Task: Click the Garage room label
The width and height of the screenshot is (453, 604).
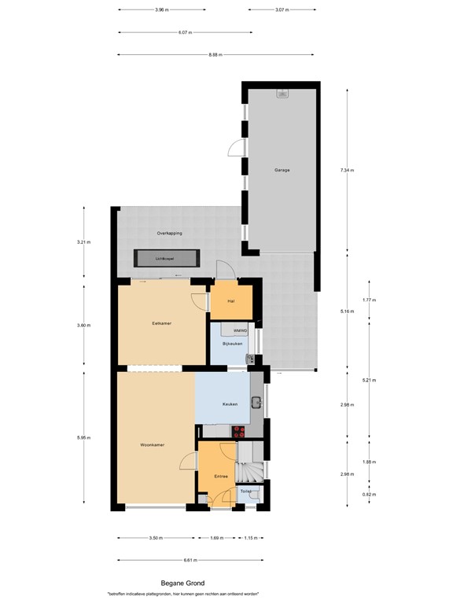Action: coord(282,171)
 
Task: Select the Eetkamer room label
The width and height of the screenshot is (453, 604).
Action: coord(162,323)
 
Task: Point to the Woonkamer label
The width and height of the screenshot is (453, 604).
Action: coord(151,445)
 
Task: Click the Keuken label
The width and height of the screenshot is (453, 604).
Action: coord(230,404)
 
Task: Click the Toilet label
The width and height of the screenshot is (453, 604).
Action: coord(245,492)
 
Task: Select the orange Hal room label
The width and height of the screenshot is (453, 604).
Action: coord(231,301)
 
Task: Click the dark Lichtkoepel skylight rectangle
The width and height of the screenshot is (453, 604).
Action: coord(166,258)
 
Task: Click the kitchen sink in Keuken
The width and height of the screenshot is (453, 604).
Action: coord(256,403)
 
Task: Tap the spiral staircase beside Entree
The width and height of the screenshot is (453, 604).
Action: coord(250,474)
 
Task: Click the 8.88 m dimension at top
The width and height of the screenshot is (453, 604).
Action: coord(215,54)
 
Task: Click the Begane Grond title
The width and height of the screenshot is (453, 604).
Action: coord(182,583)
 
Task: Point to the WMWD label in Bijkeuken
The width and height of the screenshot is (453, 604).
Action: coord(240,332)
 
